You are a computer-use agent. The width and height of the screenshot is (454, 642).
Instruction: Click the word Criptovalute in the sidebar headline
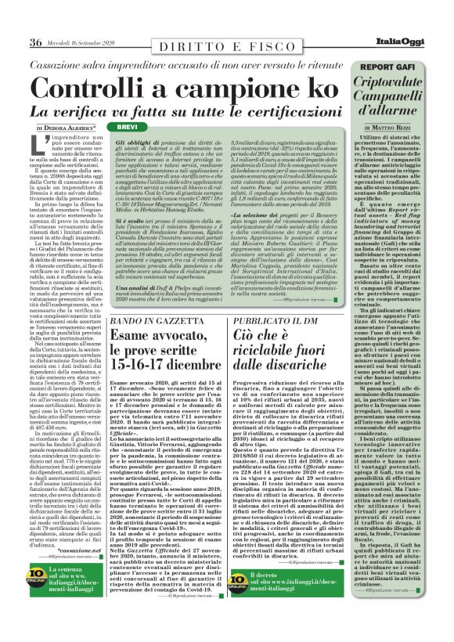392,84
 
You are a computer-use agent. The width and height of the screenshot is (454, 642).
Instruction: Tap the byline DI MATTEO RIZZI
392,127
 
